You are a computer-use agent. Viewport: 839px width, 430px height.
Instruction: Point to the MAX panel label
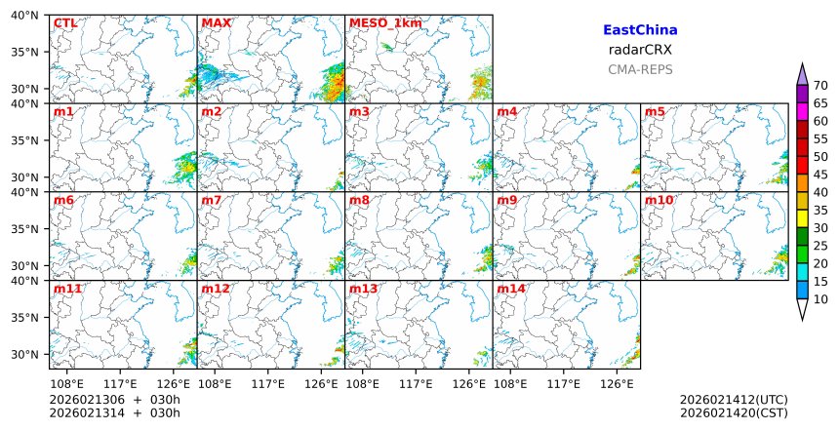tap(216, 23)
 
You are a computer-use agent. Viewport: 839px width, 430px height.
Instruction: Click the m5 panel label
tap(655, 112)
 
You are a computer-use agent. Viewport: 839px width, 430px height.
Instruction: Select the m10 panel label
tap(659, 201)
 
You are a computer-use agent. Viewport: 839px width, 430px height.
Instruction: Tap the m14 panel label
tap(510, 290)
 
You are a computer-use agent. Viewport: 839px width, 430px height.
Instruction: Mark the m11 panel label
tap(66, 290)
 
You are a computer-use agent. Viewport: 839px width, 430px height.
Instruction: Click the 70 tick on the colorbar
tap(819, 86)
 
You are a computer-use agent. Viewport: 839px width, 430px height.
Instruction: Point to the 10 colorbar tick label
tap(819, 299)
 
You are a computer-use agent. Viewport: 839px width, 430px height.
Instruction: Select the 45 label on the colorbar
tap(819, 175)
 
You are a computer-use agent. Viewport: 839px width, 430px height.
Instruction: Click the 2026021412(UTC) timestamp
tap(734, 400)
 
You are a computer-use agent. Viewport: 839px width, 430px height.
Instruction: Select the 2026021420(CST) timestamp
tap(734, 412)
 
